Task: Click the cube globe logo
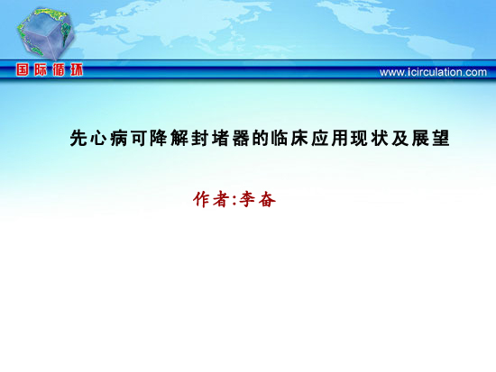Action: coord(46,33)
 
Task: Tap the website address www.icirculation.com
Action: coord(433,72)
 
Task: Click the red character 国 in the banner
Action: coord(23,69)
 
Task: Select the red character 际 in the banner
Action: coord(41,69)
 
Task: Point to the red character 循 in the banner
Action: coord(59,69)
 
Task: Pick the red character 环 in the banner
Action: coord(77,69)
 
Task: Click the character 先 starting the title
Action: coord(78,138)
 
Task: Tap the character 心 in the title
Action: coord(98,138)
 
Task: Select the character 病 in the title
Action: coord(119,138)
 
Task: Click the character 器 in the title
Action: coord(241,138)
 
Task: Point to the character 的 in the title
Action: coord(261,138)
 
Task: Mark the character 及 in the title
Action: coord(400,138)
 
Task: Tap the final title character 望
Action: coord(441,138)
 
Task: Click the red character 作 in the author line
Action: coord(202,199)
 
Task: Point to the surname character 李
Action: coord(247,199)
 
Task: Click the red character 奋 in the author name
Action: coord(267,199)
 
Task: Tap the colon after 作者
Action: coord(234,201)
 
